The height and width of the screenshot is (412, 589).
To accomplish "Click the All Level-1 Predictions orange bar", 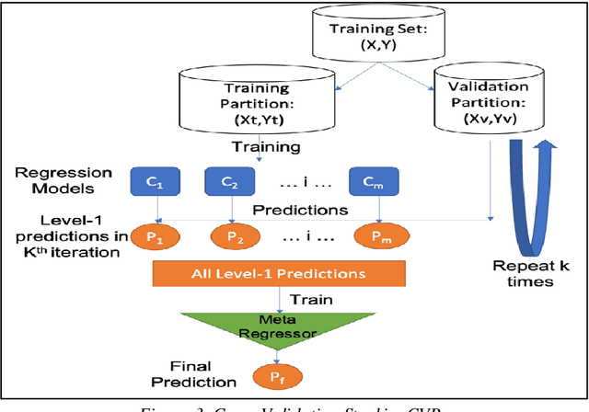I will [x=279, y=273].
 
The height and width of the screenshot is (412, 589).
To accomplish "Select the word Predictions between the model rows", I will [x=299, y=210].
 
